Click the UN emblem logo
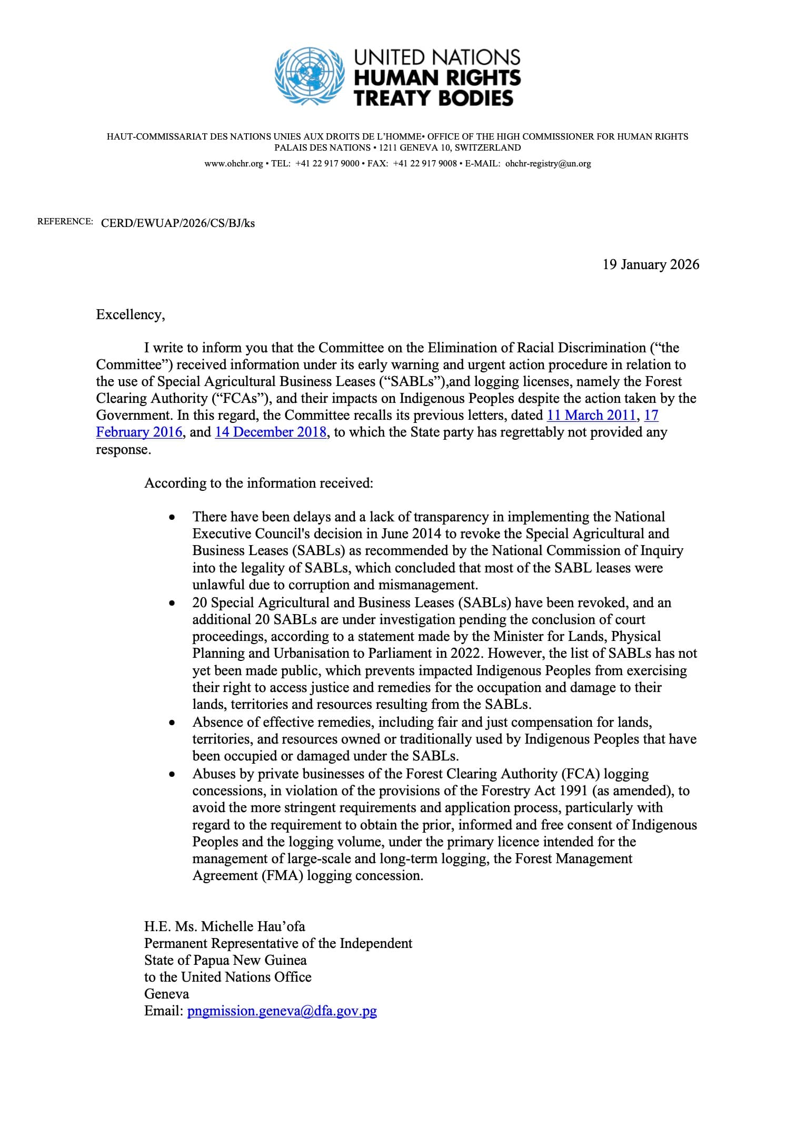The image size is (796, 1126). (310, 77)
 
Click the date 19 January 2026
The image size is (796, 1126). (651, 264)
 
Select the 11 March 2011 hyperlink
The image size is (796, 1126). (591, 415)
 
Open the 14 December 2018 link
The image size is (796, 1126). (271, 432)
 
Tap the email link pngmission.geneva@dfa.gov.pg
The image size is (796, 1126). (282, 1011)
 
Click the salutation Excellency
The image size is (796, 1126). (130, 314)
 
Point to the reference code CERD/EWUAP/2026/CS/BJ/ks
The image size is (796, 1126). (177, 223)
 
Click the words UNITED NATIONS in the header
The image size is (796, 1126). (437, 57)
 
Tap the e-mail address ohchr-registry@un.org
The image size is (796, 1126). (548, 164)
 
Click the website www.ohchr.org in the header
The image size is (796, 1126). (233, 164)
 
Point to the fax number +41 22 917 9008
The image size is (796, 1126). (425, 164)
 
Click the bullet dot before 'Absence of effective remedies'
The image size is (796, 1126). (171, 724)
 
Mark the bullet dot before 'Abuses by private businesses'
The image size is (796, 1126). (171, 775)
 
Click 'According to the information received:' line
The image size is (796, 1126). (258, 483)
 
